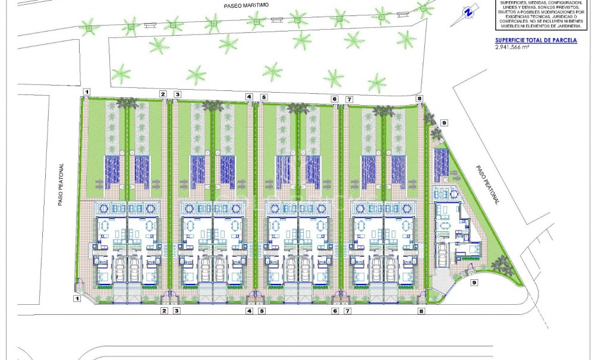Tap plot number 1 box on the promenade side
pyautogui.click(x=87, y=91)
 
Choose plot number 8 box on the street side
pyautogui.click(x=421, y=311)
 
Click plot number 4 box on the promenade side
pyautogui.click(x=249, y=96)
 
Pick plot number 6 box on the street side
pyautogui.click(x=335, y=311)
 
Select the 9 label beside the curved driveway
pyautogui.click(x=474, y=283)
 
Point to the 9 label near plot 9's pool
pyautogui.click(x=444, y=123)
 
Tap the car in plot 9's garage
pyautogui.click(x=443, y=256)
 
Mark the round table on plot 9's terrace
pyautogui.click(x=453, y=194)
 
